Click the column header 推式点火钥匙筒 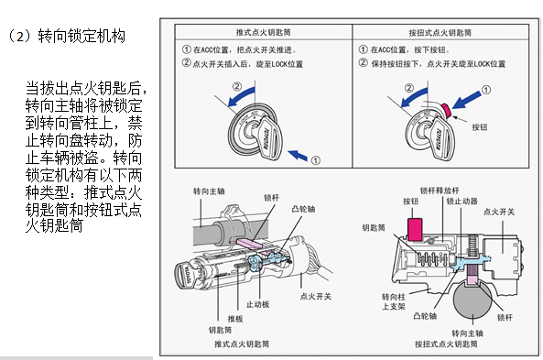pyautogui.click(x=263, y=33)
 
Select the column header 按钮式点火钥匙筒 pyautogui.click(x=440, y=33)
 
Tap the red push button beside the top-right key pyautogui.click(x=446, y=110)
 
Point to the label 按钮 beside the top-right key pyautogui.click(x=480, y=127)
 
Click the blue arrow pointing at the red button pyautogui.click(x=466, y=100)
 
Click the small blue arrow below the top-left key pyautogui.click(x=298, y=155)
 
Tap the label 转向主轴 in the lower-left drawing pyautogui.click(x=209, y=191)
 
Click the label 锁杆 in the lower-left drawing pyautogui.click(x=271, y=198)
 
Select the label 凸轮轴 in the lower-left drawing pyautogui.click(x=303, y=209)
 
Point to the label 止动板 pyautogui.click(x=257, y=304)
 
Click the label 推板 pyautogui.click(x=235, y=319)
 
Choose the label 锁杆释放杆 pyautogui.click(x=440, y=191)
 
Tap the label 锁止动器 pyautogui.click(x=462, y=201)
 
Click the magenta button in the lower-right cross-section pyautogui.click(x=415, y=229)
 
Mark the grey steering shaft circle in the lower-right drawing pyautogui.click(x=472, y=300)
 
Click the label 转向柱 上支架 pyautogui.click(x=394, y=301)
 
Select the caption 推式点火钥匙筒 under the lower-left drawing pyautogui.click(x=242, y=344)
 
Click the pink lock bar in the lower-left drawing pyautogui.click(x=249, y=243)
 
